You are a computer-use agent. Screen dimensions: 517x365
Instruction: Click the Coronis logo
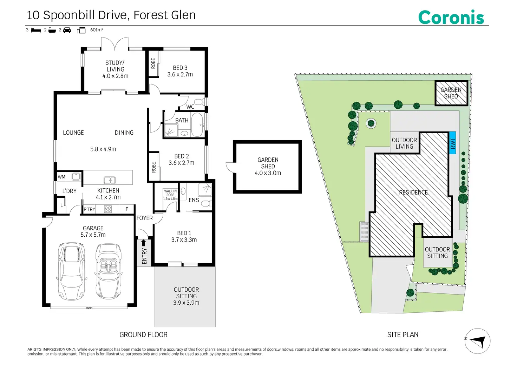[x=451, y=17]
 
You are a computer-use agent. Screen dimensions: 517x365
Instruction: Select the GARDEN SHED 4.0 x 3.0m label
[x=268, y=166]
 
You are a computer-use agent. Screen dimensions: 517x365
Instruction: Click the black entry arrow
[x=143, y=243]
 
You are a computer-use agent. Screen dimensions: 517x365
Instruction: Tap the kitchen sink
[x=110, y=180]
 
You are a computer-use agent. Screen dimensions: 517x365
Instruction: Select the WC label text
[x=190, y=107]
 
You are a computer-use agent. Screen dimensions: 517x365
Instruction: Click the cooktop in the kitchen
[x=108, y=209]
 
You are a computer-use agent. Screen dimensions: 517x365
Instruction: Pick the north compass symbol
[x=477, y=341]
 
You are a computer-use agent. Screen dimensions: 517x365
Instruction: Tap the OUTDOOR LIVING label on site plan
[x=404, y=143]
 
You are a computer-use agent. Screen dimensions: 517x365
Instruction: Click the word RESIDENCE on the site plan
[x=413, y=192]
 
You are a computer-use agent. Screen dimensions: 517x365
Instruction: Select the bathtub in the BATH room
[x=197, y=125]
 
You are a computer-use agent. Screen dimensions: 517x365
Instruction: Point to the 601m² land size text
[x=97, y=30]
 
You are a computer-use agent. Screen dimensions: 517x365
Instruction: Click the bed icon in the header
[x=36, y=30]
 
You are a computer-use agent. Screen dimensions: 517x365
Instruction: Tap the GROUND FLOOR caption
[x=143, y=335]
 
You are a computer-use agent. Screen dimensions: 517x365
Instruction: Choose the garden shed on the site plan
[x=451, y=93]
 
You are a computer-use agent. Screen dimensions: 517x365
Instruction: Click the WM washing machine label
[x=61, y=177]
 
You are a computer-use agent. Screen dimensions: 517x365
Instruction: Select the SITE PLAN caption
[x=403, y=335]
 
